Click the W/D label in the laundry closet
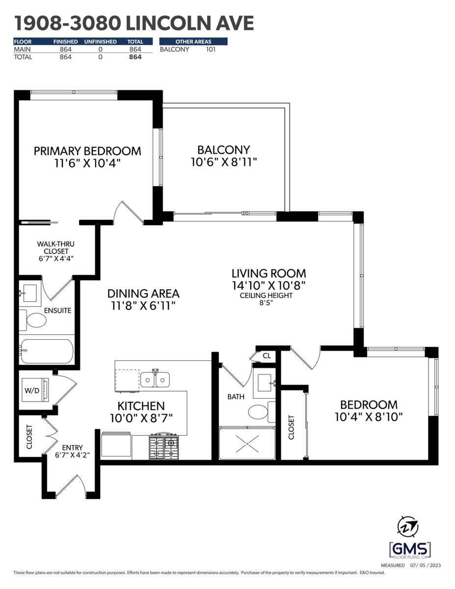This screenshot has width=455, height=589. tap(32, 391)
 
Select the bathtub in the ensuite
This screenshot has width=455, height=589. tap(47, 351)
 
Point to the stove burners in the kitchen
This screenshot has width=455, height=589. tap(163, 448)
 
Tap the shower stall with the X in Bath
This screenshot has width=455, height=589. tap(247, 443)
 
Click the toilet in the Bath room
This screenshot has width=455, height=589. tap(262, 412)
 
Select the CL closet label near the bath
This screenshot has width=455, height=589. tap(267, 356)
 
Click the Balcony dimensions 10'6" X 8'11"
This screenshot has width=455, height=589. tap(224, 162)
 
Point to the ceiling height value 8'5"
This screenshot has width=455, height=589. tap(266, 303)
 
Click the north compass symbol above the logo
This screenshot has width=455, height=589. tap(407, 527)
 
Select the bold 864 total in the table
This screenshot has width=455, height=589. tap(135, 57)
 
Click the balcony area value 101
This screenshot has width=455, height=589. tap(211, 50)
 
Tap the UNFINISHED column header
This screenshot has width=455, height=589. tap(100, 42)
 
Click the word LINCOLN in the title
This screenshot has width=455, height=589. tap(168, 23)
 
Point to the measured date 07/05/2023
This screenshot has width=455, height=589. tap(426, 565)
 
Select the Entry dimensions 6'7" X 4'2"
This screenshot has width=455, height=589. tap(72, 455)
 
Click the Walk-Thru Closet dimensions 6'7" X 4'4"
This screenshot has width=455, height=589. tap(56, 258)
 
